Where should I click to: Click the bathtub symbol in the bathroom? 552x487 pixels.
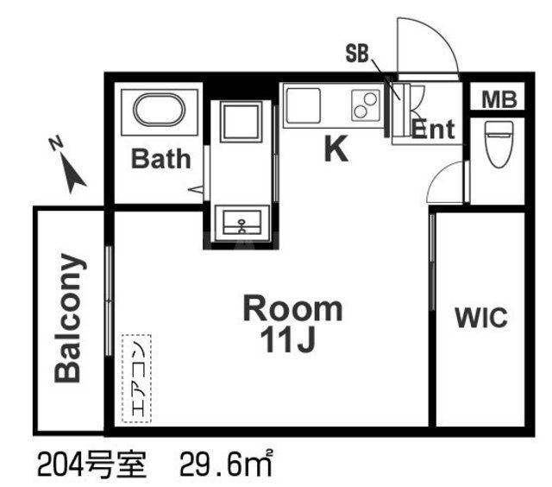159,113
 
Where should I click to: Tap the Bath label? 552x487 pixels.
160,159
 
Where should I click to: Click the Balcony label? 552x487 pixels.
69,318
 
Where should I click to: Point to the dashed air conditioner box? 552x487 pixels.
136,378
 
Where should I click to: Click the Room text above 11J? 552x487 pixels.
292,307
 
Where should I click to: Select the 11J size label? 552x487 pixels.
292,339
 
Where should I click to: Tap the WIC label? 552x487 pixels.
481,317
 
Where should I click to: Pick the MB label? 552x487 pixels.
499,99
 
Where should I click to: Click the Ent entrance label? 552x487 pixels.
431,130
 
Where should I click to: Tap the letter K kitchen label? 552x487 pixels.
336,150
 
